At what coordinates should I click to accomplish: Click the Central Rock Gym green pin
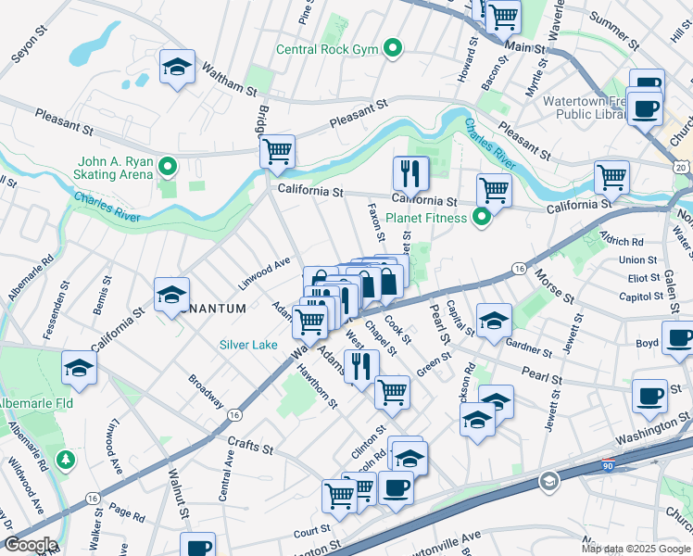[x=393, y=47]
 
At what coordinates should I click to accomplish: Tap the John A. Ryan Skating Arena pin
[x=168, y=168]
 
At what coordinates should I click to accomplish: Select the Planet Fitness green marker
[x=481, y=219]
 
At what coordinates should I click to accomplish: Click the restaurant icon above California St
[x=409, y=172]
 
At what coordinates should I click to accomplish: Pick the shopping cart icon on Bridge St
[x=277, y=151]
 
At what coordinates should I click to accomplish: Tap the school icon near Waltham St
[x=176, y=68]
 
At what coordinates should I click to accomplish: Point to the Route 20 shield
[x=681, y=166]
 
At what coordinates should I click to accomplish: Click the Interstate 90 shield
[x=548, y=481]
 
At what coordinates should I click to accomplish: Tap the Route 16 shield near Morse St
[x=518, y=269]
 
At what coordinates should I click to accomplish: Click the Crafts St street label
[x=253, y=448]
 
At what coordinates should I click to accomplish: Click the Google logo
[x=30, y=545]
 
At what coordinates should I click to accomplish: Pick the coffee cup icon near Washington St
[x=649, y=396]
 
